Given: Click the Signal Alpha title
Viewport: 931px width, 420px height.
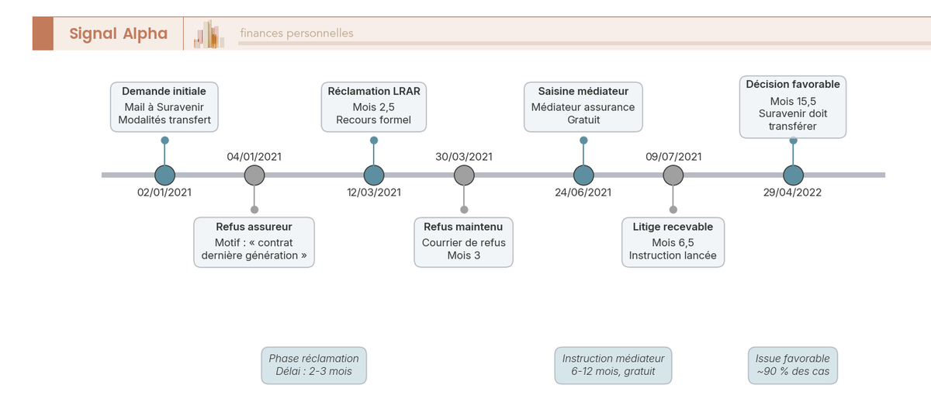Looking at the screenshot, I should [x=118, y=33].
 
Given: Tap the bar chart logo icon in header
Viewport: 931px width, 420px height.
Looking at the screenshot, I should [x=209, y=34].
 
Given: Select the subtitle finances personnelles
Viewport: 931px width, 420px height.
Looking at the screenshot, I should [x=296, y=33].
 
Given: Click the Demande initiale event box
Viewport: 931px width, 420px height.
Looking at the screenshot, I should [x=164, y=106].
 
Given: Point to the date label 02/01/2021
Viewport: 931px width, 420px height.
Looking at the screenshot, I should [x=164, y=193].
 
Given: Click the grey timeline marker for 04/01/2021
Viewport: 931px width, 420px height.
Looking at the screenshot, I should [x=254, y=175].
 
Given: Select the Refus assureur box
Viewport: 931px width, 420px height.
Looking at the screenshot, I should [x=254, y=242].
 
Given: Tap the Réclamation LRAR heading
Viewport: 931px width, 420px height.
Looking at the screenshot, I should [x=373, y=92].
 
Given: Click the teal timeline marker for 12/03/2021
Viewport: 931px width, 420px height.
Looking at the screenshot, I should [x=374, y=175].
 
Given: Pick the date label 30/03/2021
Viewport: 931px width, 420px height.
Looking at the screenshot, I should [x=464, y=157].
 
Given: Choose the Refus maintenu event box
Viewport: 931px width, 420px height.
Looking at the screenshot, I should [x=463, y=242].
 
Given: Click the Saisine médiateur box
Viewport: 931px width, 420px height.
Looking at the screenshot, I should [x=583, y=106].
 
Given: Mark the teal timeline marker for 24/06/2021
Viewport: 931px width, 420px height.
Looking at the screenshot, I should [x=583, y=175].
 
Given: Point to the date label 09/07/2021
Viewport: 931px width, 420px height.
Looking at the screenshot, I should [x=673, y=157].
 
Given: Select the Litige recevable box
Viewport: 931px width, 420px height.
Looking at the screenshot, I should [x=673, y=242].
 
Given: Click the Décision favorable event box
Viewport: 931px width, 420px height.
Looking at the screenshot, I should [x=792, y=106].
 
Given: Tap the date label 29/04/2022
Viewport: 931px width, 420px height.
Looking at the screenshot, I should [x=792, y=193].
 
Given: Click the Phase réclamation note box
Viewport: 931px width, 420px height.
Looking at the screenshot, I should [x=313, y=365].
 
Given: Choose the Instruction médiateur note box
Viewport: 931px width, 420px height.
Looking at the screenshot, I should [x=613, y=365].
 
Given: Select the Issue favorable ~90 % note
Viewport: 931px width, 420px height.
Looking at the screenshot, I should [x=792, y=365].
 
